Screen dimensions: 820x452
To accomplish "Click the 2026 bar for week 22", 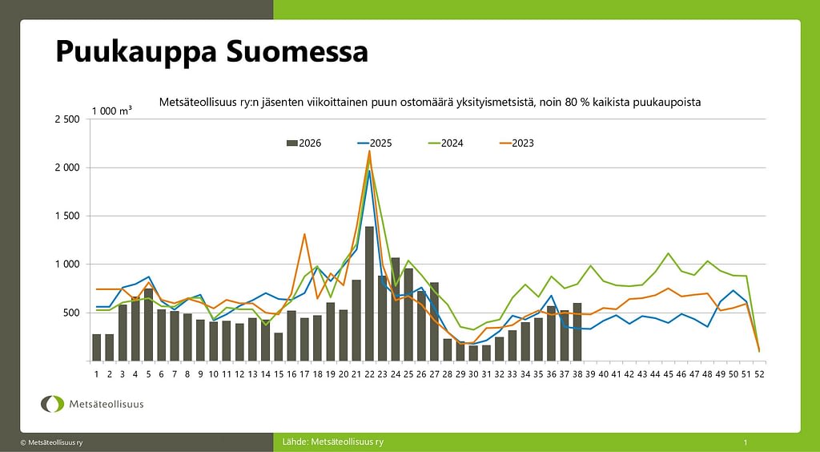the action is (x=369, y=293).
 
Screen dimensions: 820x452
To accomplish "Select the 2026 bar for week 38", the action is (x=577, y=332).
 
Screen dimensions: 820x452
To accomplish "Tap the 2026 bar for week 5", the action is (x=148, y=325).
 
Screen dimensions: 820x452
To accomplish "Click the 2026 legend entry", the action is (x=303, y=143).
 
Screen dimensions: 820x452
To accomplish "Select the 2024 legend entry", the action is (x=445, y=143).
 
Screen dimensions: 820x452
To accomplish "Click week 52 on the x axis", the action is (x=759, y=374).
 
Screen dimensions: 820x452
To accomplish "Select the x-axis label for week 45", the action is (x=668, y=374).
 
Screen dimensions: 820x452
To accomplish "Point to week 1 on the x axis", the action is (x=96, y=374).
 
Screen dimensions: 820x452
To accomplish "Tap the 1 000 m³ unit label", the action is (x=112, y=111).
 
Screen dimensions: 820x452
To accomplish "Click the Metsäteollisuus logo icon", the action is (x=52, y=404).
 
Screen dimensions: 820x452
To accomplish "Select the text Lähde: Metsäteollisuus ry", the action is (x=332, y=442).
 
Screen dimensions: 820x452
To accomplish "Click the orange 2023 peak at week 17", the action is (x=304, y=234).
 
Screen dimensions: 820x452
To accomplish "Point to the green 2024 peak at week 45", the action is (x=668, y=253).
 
